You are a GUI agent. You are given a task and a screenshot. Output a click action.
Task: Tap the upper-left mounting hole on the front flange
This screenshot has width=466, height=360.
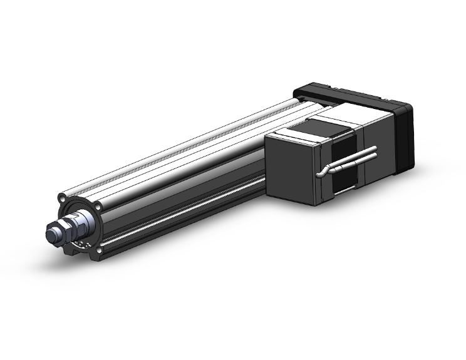click(x=63, y=198)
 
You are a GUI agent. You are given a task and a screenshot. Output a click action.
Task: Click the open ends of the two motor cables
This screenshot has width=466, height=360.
click(x=375, y=152)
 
